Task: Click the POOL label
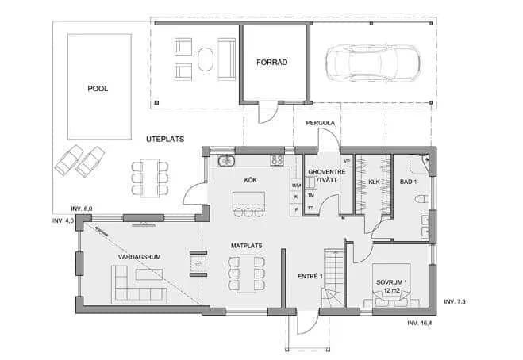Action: (x=98, y=89)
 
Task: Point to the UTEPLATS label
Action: (x=165, y=139)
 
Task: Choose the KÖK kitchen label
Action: (x=250, y=180)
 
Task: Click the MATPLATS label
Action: (x=247, y=247)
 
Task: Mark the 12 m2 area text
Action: (x=390, y=292)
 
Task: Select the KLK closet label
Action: (x=375, y=182)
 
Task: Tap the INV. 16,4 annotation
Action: (x=423, y=324)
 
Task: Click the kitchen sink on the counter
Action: (x=227, y=160)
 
